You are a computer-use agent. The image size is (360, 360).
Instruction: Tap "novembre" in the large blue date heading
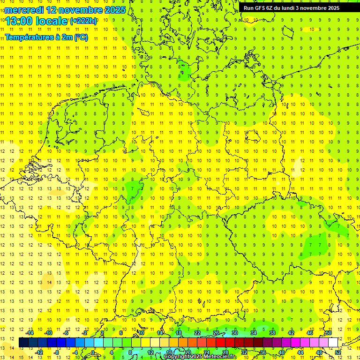click(x=78, y=10)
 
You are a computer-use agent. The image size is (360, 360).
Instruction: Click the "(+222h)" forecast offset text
click(x=83, y=21)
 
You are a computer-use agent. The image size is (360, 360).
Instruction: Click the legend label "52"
click(x=338, y=352)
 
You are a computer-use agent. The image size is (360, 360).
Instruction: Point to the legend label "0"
click(x=93, y=352)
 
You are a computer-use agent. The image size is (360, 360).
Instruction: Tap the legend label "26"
click(x=216, y=333)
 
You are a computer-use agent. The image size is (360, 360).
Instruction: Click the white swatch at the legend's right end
click(x=333, y=342)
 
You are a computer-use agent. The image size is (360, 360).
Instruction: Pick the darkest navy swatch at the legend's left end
click(x=23, y=342)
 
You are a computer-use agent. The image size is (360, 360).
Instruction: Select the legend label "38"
click(x=272, y=333)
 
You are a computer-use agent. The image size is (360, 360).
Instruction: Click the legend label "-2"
click(x=84, y=333)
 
